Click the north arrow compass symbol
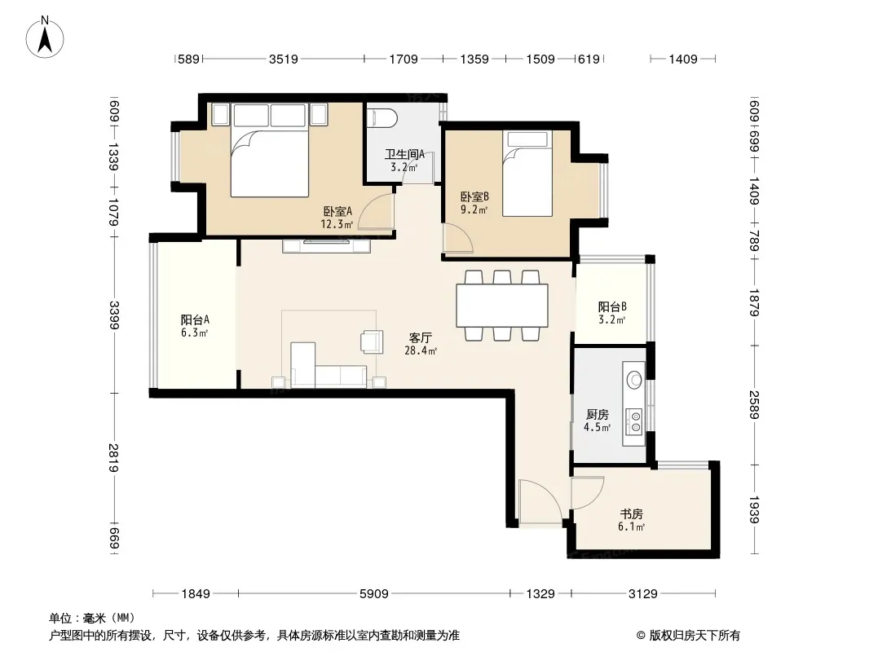(45, 37)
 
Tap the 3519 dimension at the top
(284, 59)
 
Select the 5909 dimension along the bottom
(374, 594)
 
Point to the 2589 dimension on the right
(754, 405)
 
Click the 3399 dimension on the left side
(115, 315)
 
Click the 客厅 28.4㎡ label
(421, 343)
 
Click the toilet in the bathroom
(382, 117)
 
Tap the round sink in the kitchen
(634, 380)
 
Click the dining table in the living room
(502, 306)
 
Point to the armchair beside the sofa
(372, 341)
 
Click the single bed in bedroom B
(527, 173)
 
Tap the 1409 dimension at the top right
(683, 59)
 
